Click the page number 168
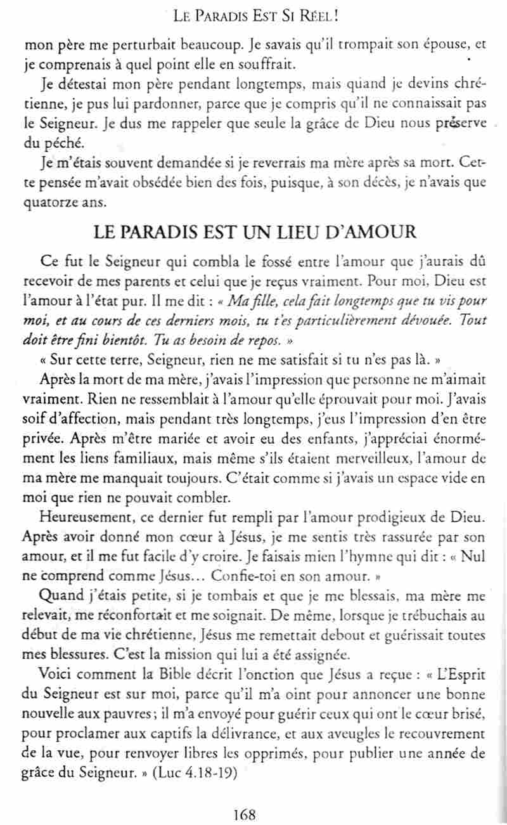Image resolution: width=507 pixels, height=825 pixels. (245, 814)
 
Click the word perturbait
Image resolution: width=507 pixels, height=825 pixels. (124, 45)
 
